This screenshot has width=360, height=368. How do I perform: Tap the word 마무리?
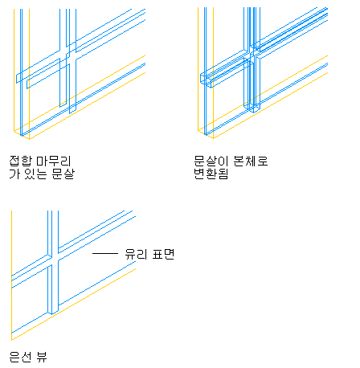(54, 161)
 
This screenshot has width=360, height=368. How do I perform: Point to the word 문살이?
(211, 161)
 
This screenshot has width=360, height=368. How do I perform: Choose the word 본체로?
(251, 161)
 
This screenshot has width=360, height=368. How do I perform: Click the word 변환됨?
(211, 174)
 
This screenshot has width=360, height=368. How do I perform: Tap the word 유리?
(137, 254)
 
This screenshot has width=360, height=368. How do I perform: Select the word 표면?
(163, 254)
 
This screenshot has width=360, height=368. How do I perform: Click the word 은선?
(20, 357)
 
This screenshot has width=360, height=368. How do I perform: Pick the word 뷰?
(42, 357)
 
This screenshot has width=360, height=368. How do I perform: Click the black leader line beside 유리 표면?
(105, 253)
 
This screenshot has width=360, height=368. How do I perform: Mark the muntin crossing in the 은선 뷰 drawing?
(53, 260)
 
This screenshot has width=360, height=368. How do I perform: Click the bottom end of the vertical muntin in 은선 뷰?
(53, 313)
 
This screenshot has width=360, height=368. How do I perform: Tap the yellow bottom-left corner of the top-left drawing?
(14, 131)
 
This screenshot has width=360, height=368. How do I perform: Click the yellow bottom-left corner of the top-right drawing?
(198, 130)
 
